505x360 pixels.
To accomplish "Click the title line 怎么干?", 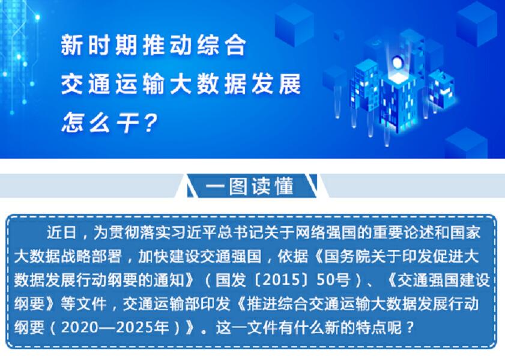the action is tap(109, 123).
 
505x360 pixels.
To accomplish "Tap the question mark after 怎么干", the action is tap(151, 123).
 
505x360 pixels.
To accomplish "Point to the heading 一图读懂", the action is tap(249, 186).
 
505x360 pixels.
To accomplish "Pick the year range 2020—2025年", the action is tap(115, 328).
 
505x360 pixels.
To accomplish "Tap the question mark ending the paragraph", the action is tap(410, 328).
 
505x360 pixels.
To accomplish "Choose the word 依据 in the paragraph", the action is tap(293, 256).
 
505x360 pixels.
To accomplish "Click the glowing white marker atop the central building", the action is tap(396, 62).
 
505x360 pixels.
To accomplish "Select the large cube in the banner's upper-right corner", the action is tap(477, 23).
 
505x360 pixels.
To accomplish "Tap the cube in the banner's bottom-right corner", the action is tap(466, 144).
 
